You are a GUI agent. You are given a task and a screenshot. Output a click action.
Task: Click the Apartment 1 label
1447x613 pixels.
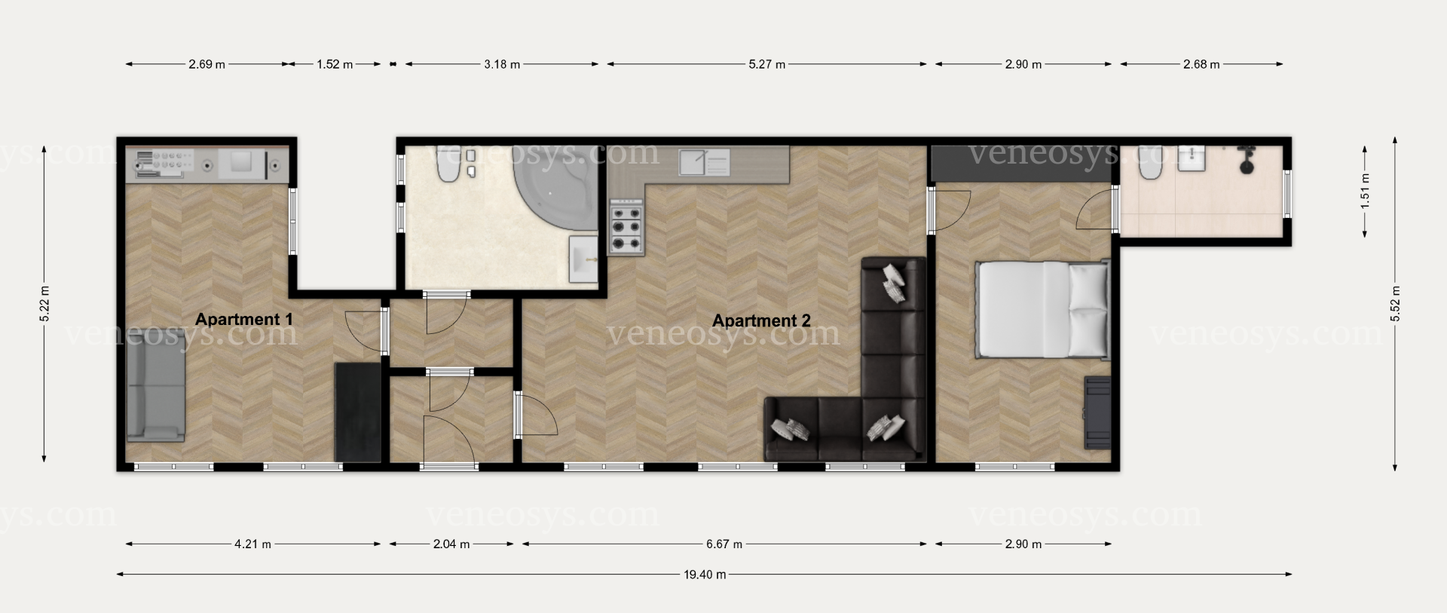pyautogui.click(x=243, y=319)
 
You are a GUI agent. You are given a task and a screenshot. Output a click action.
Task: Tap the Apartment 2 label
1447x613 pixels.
pyautogui.click(x=761, y=320)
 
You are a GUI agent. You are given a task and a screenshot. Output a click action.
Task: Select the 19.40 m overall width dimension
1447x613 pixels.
pyautogui.click(x=705, y=575)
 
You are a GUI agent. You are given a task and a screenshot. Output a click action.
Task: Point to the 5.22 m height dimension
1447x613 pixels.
pyautogui.click(x=44, y=304)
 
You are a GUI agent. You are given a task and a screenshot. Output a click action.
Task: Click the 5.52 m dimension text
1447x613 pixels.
pyautogui.click(x=1395, y=304)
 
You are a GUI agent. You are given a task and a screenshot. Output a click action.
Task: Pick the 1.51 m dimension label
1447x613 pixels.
pyautogui.click(x=1365, y=192)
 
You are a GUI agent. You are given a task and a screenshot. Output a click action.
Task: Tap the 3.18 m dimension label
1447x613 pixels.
pyautogui.click(x=502, y=64)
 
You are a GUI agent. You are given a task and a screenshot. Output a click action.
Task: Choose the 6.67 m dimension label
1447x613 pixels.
pyautogui.click(x=723, y=544)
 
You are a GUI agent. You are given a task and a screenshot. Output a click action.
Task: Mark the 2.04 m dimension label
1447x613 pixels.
pyautogui.click(x=451, y=544)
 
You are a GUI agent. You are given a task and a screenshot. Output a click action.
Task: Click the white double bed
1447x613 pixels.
pyautogui.click(x=1043, y=310)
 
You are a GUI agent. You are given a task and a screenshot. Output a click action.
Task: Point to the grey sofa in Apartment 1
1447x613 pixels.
pyautogui.click(x=156, y=387)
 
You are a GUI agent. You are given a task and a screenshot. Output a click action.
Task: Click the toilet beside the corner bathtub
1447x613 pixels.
pyautogui.click(x=448, y=167)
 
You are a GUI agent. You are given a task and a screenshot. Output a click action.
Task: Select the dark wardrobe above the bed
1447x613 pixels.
pyautogui.click(x=1022, y=164)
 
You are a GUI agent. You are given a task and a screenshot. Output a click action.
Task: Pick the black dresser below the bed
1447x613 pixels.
pyautogui.click(x=1097, y=412)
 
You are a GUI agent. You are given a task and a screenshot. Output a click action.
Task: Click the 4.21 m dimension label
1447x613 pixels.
pyautogui.click(x=252, y=544)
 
